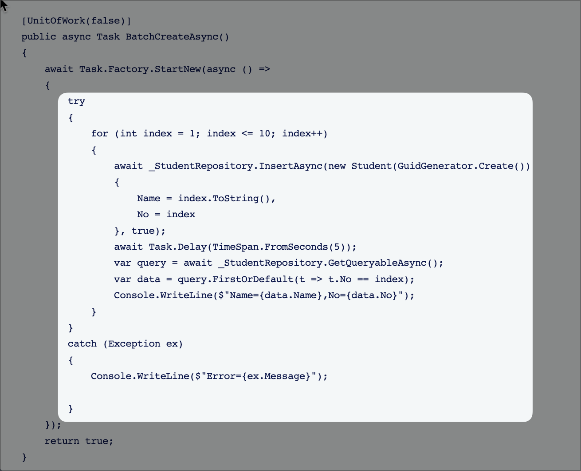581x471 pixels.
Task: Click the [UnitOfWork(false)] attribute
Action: click(76, 21)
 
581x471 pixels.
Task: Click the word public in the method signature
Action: click(39, 37)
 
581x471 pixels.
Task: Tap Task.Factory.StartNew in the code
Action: click(140, 69)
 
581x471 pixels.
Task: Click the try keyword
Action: click(77, 101)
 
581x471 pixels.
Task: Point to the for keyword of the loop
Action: click(99, 134)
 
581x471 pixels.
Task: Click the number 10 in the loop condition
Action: click(264, 134)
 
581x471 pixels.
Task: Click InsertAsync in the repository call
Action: click(290, 166)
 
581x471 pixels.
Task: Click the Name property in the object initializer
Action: click(149, 198)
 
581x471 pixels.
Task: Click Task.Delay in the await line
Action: click(178, 247)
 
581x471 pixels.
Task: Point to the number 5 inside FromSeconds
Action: click(337, 247)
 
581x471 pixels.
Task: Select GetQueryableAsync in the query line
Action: click(377, 263)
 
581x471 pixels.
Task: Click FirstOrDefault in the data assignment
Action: click(253, 279)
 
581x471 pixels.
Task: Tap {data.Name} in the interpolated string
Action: click(291, 295)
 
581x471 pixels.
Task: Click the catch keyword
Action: click(82, 343)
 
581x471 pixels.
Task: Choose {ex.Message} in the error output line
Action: click(276, 376)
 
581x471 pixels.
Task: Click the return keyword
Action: click(62, 441)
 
